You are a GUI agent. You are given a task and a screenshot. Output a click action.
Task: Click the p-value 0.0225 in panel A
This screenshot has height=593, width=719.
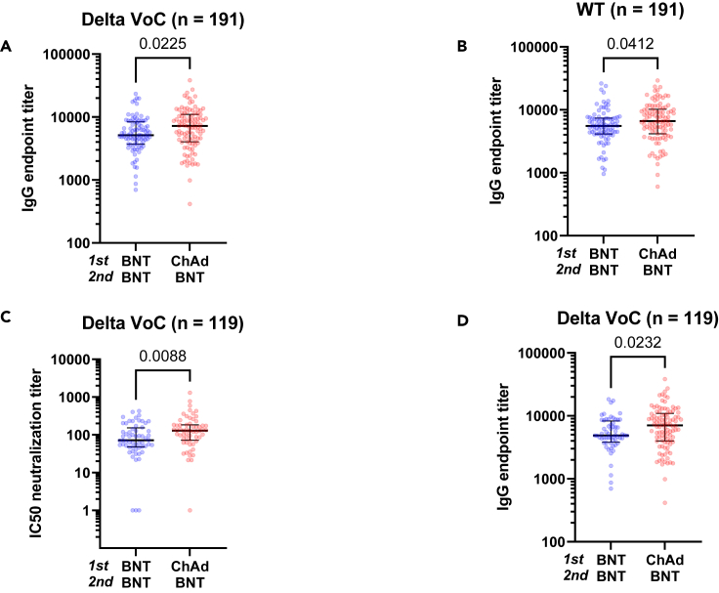point(152,43)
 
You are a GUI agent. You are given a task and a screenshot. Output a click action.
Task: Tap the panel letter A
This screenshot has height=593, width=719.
point(8,46)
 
